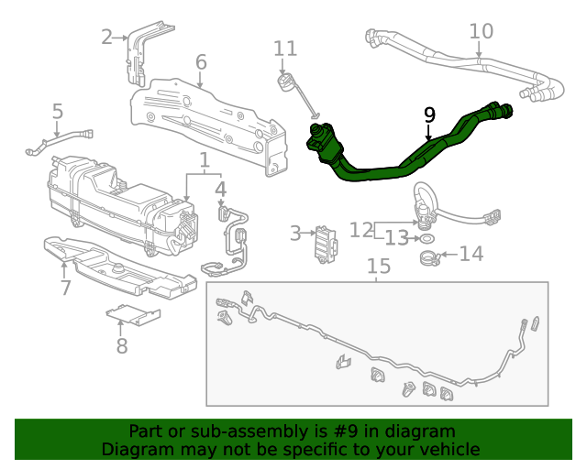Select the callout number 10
482,32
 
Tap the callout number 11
285,49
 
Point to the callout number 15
379,267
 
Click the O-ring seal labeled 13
426,238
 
